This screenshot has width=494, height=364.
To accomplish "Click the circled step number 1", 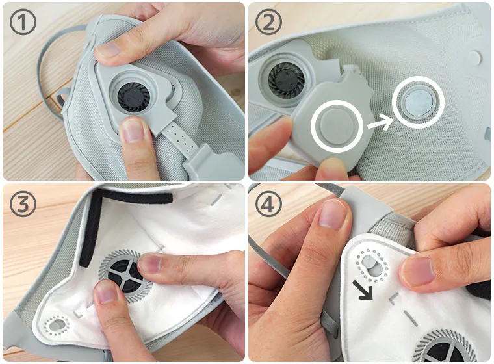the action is [23, 21].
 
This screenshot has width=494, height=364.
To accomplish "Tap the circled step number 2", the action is [268, 21].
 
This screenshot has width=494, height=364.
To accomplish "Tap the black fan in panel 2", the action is [287, 79].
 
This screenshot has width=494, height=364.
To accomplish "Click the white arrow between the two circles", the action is [380, 123].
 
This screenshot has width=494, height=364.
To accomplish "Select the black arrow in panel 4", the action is [363, 290].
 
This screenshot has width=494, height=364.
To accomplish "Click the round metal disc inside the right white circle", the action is [419, 102].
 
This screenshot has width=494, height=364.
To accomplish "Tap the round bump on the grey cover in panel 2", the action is [337, 126].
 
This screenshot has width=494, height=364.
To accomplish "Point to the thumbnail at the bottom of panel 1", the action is [133, 130].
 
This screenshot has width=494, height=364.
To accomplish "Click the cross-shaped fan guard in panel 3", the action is [125, 276].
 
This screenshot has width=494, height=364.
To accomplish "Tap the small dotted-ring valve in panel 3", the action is [57, 325].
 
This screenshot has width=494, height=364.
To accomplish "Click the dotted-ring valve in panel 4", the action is [372, 265].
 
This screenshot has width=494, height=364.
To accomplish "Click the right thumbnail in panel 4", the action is [420, 271].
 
